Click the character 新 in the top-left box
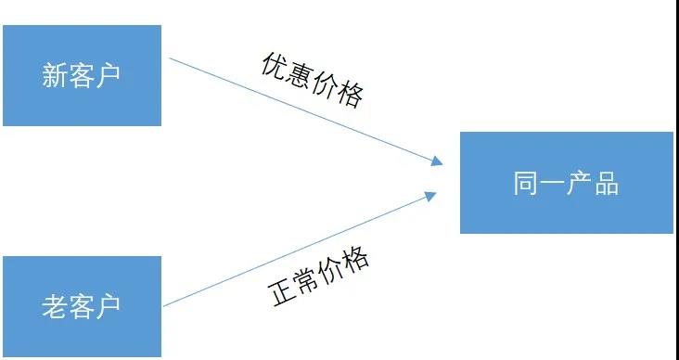(55, 75)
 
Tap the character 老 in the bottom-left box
(55, 306)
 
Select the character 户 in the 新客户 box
(108, 75)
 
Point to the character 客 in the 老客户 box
(81, 306)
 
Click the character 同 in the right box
(526, 183)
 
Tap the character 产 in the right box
(580, 183)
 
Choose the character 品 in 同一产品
(607, 183)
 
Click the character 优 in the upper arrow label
(275, 66)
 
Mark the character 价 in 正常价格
(331, 270)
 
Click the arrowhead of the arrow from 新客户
(437, 161)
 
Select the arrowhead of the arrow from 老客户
(430, 197)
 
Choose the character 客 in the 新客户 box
(81, 75)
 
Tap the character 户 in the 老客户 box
(108, 306)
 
